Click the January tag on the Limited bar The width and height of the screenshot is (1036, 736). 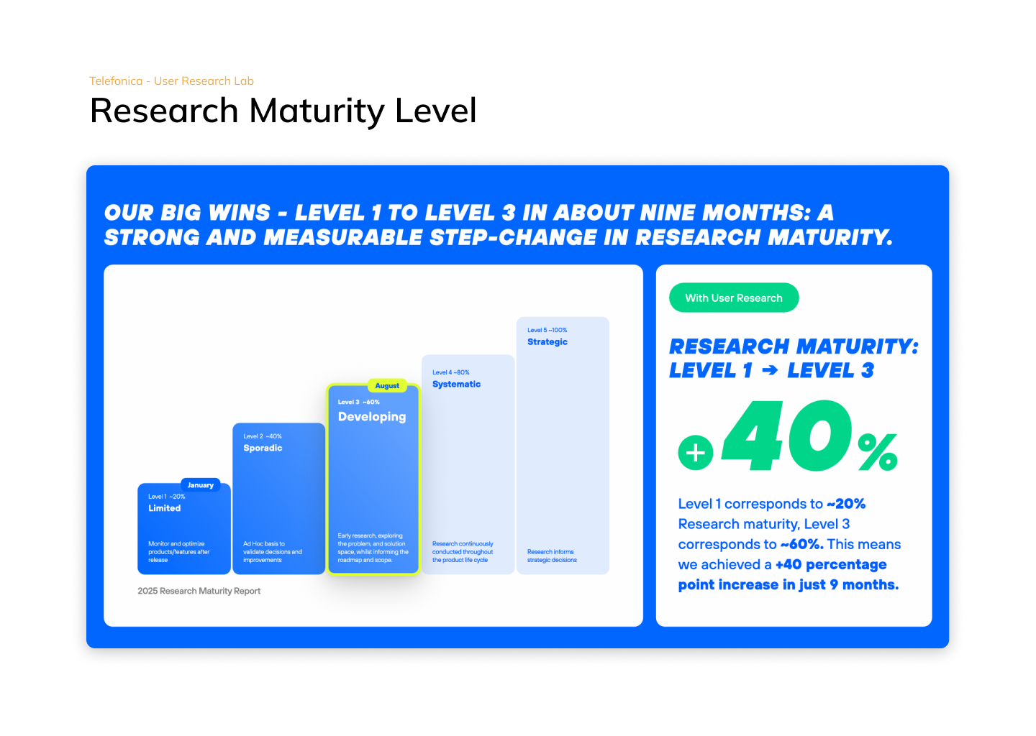click(200, 484)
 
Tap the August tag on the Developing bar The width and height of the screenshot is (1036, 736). click(387, 385)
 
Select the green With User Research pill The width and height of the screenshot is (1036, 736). click(734, 298)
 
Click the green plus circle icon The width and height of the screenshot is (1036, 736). click(695, 453)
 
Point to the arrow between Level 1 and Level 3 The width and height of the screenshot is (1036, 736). click(770, 370)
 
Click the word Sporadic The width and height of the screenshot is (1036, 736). click(263, 448)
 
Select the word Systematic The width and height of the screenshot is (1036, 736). click(456, 384)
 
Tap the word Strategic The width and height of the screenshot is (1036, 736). click(547, 342)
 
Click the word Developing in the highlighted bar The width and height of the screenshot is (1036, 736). click(372, 417)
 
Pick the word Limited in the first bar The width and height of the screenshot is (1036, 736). click(164, 507)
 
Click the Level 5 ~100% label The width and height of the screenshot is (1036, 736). click(547, 330)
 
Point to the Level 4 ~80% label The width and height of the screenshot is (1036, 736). click(451, 372)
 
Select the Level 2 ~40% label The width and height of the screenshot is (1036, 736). click(262, 436)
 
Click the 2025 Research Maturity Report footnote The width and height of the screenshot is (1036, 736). click(199, 591)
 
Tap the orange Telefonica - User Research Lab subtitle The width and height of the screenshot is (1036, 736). click(171, 80)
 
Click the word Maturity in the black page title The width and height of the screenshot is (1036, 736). click(317, 111)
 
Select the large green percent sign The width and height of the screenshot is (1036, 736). click(878, 452)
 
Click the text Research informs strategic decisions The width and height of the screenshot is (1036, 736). click(552, 556)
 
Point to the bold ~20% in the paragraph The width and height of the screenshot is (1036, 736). click(846, 504)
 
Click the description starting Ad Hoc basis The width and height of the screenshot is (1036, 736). click(273, 552)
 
